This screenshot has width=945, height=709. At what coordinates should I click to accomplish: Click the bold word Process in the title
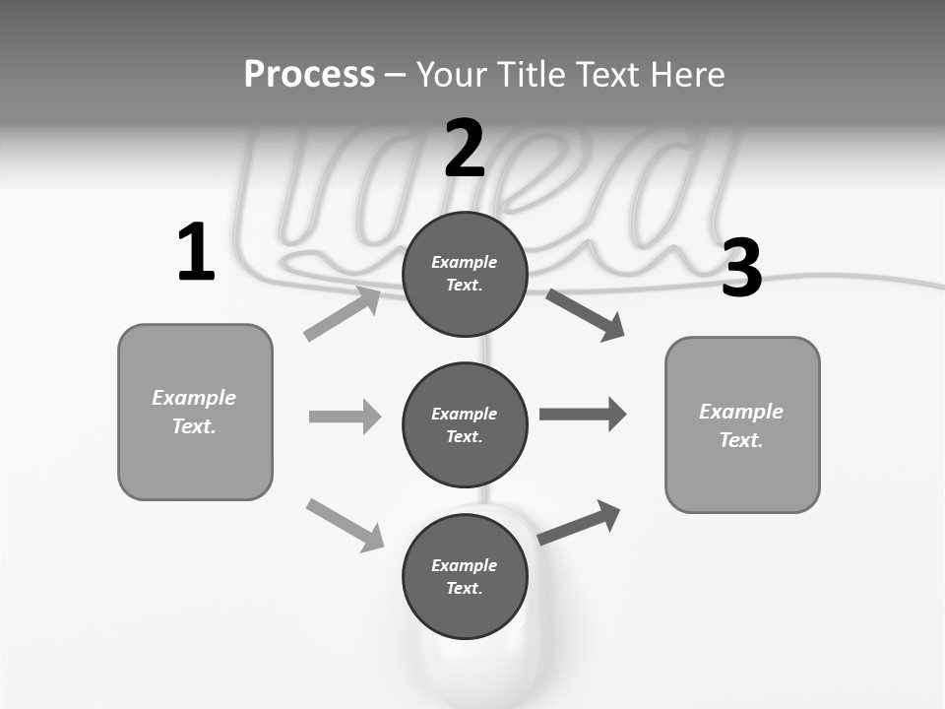(309, 75)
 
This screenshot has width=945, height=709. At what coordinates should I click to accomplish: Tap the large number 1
(196, 253)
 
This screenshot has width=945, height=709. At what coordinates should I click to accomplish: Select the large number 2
(465, 149)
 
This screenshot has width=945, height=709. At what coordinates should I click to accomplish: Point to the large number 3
(741, 269)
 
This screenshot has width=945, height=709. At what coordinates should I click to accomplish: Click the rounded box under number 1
(195, 412)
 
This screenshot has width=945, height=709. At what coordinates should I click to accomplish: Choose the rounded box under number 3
(742, 424)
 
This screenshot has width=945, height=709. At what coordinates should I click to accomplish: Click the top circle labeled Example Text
(465, 274)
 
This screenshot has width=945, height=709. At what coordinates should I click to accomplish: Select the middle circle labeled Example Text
(465, 424)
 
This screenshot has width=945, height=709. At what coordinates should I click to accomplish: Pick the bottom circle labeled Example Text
(465, 576)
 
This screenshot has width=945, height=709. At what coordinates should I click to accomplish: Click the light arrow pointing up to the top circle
(342, 313)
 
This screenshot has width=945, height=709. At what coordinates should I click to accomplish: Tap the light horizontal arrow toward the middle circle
(345, 417)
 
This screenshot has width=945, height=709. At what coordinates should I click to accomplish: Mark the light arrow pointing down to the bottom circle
(345, 525)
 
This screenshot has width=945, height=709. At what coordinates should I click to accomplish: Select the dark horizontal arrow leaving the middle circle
(583, 415)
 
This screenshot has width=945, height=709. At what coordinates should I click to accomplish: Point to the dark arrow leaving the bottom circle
(579, 522)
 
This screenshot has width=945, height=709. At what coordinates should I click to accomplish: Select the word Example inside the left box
(194, 398)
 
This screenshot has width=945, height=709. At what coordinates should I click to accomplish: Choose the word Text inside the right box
(741, 440)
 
